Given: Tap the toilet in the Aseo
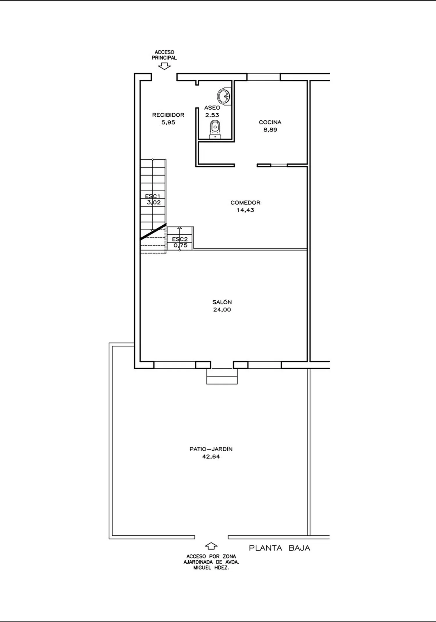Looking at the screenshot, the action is click(x=215, y=129).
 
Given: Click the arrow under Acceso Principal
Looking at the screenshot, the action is click(x=164, y=67).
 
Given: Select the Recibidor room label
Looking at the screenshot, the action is click(x=168, y=115).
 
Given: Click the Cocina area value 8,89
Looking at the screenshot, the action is click(x=270, y=130).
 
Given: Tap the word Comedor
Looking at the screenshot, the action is click(x=246, y=203).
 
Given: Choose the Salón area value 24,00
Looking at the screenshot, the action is click(x=222, y=310).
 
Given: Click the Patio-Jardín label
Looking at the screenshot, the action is click(x=211, y=449).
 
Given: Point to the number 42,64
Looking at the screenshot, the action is click(x=211, y=457).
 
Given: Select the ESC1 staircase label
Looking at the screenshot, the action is click(x=153, y=196).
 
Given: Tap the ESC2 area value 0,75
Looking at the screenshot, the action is click(x=181, y=246).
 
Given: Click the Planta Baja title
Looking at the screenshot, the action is click(x=280, y=548).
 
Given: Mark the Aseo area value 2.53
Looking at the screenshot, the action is click(x=212, y=115).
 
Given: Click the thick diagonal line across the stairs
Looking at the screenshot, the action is click(x=153, y=232).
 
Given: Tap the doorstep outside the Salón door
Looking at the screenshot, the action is click(x=222, y=377).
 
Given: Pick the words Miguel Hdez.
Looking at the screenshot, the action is click(x=211, y=568).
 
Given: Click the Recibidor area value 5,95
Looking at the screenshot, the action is click(x=169, y=122).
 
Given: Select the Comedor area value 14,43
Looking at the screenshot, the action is click(x=246, y=210).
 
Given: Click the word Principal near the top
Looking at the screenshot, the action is click(x=164, y=58).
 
